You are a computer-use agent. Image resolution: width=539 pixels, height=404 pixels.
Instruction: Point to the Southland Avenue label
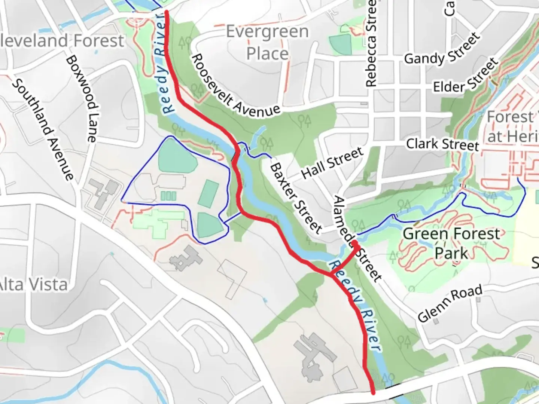pyautogui.click(x=43, y=129)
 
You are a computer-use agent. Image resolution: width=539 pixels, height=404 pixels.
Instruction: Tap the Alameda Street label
pyautogui.click(x=357, y=239)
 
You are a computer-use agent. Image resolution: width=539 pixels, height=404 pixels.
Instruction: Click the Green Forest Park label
pyautogui.click(x=451, y=244)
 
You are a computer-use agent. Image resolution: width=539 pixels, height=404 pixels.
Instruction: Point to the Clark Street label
pyautogui.click(x=442, y=144)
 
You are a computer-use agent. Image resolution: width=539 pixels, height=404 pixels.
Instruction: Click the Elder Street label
pyautogui.click(x=466, y=76)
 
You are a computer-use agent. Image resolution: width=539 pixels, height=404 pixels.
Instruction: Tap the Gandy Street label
pyautogui.click(x=442, y=49)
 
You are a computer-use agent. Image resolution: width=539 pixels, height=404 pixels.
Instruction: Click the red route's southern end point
pyautogui.click(x=373, y=392)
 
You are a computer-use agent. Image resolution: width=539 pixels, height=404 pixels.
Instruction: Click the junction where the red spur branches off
pyautogui.click(x=331, y=275)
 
